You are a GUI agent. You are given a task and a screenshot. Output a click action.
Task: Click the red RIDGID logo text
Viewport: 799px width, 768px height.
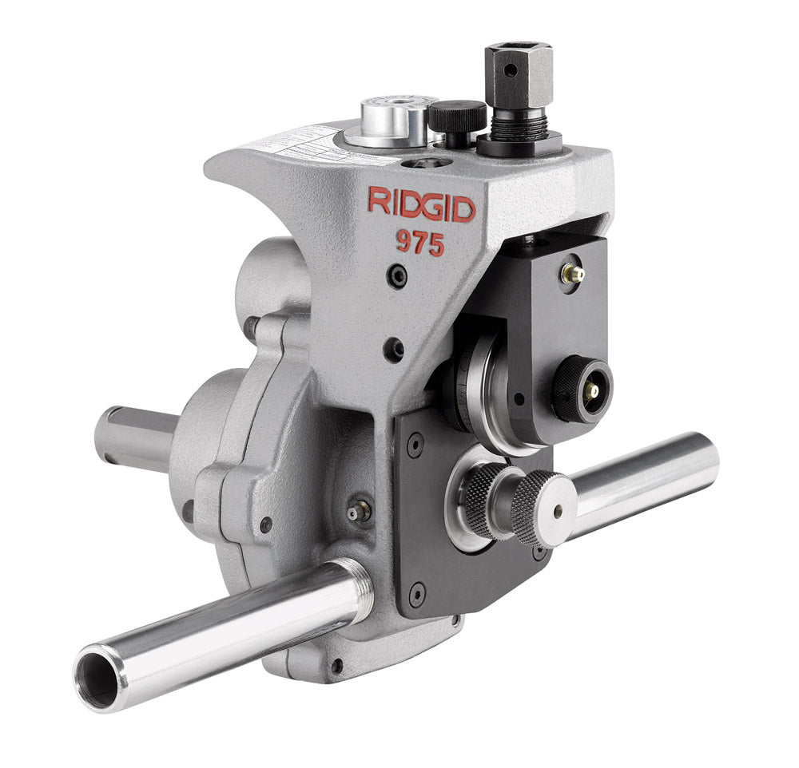click(421, 204)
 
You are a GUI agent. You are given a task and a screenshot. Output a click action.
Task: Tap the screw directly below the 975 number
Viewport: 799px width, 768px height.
click(398, 276)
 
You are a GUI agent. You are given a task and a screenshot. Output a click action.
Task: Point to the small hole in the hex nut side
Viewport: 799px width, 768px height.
click(509, 70)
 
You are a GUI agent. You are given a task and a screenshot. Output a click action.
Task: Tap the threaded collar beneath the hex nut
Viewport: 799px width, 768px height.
click(517, 124)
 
